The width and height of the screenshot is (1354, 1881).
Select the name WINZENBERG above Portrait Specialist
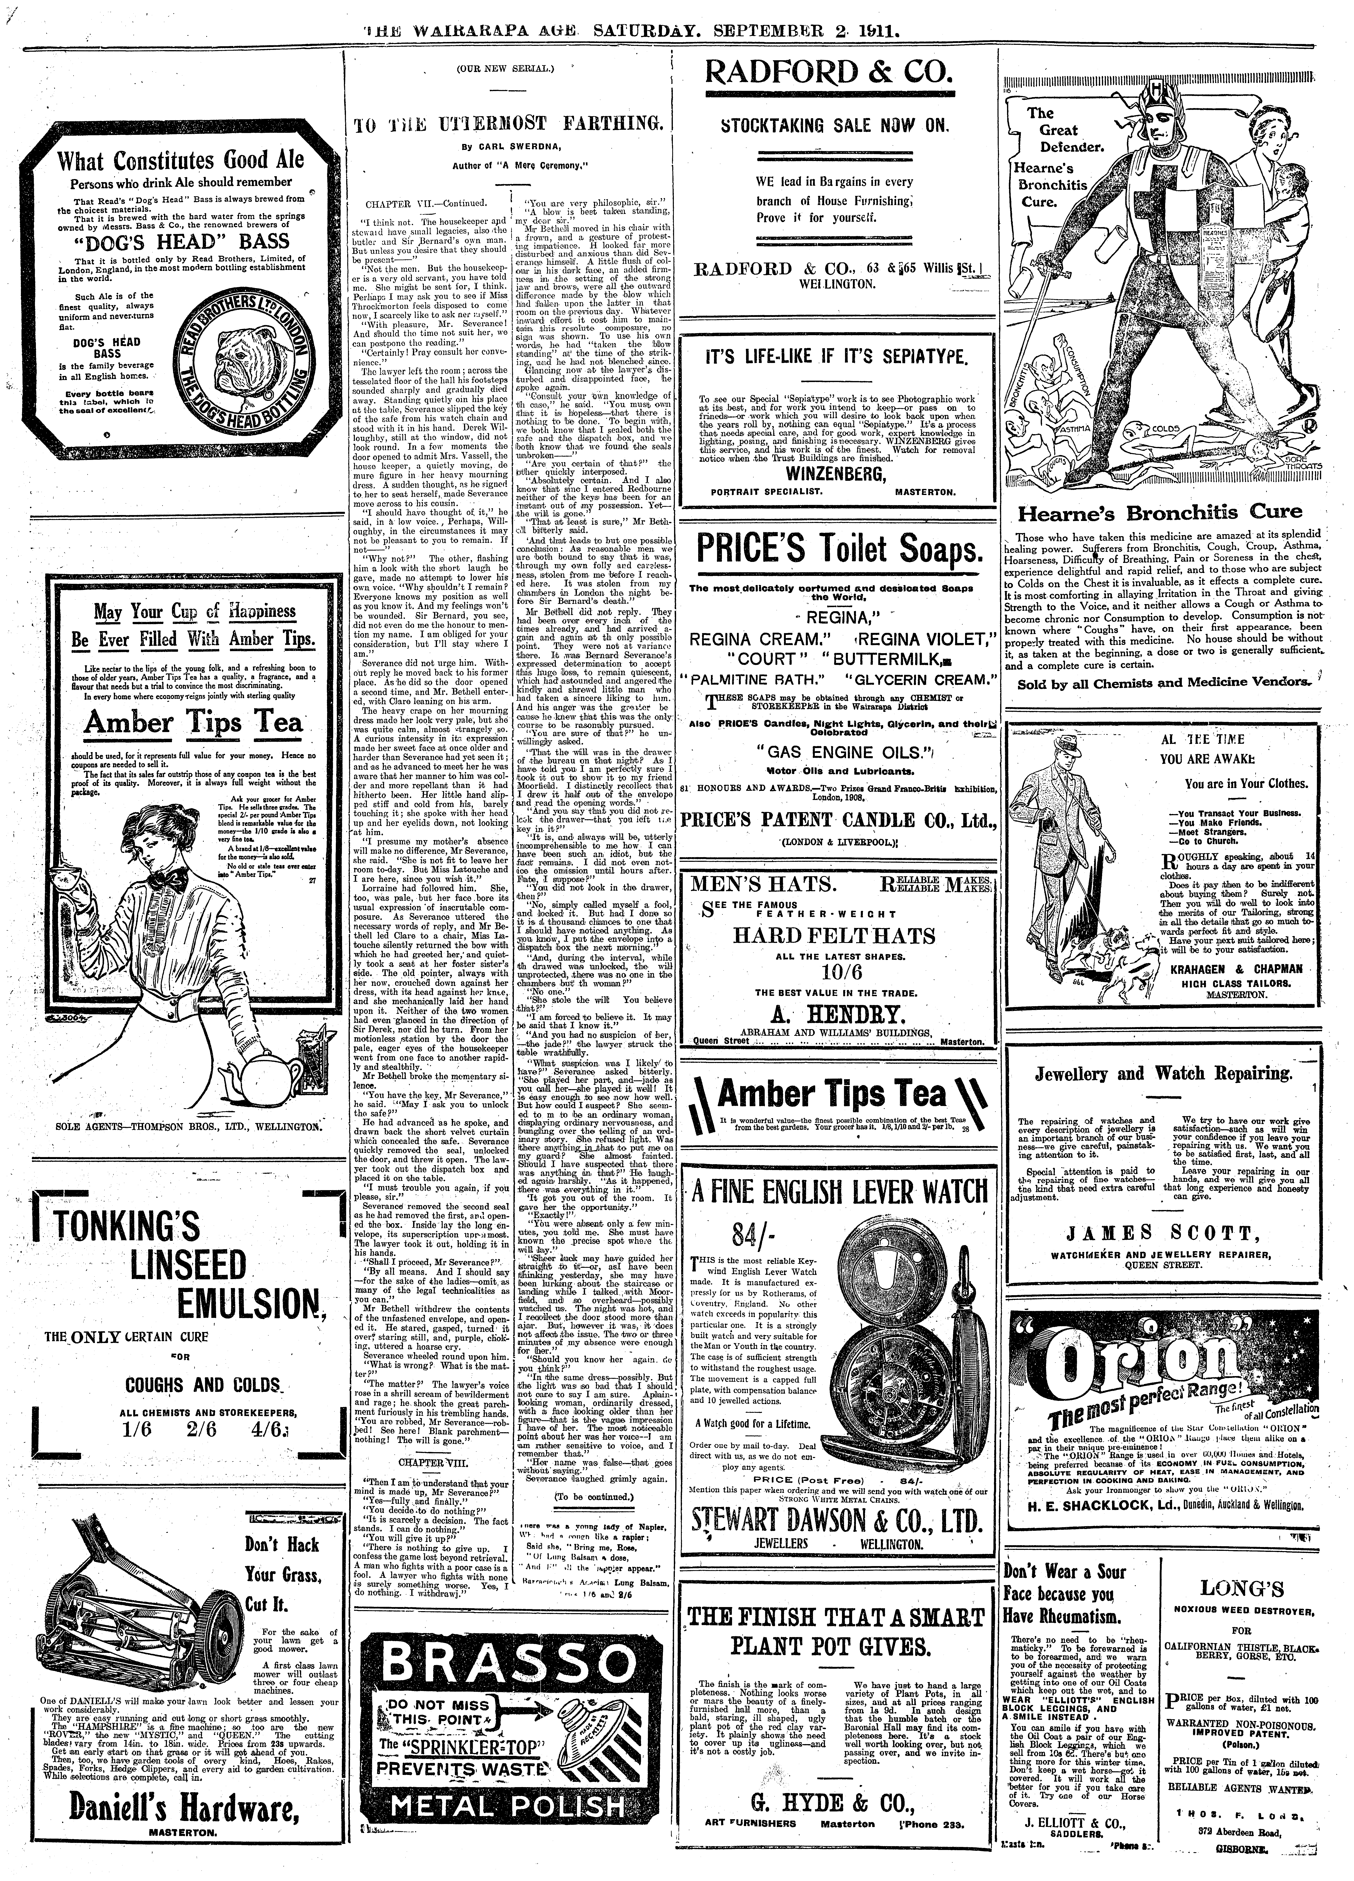(836, 474)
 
